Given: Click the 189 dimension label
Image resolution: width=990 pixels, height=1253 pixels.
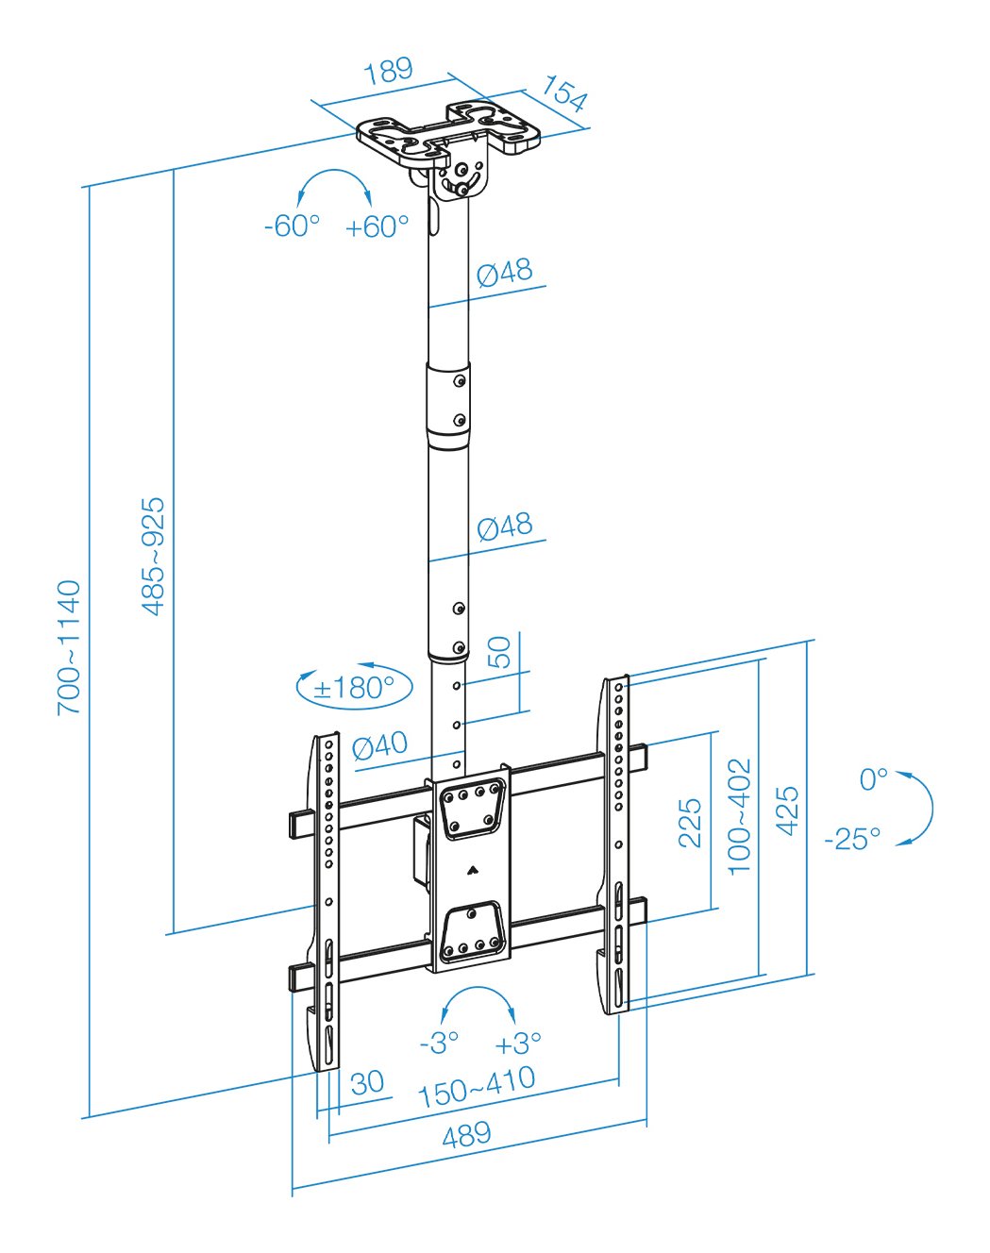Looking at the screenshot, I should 389,71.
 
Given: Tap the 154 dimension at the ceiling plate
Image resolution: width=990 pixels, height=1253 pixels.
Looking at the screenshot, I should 564,94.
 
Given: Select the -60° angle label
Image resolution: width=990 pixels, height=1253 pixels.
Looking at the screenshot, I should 292,226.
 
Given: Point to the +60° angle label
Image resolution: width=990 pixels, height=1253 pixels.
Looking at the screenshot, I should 377,226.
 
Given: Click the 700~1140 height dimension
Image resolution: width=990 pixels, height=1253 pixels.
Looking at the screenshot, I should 70,647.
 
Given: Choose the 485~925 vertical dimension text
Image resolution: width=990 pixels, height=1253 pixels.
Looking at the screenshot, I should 153,557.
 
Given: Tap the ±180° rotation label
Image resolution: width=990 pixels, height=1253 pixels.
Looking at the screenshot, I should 354,687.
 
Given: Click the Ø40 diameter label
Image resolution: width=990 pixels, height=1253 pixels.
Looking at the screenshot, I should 379,746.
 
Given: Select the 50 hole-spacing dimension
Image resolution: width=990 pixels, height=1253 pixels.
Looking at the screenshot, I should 499,652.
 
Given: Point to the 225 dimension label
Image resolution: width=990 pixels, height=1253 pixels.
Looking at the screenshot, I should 691,822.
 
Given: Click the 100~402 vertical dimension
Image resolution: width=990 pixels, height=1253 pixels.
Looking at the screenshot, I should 740,815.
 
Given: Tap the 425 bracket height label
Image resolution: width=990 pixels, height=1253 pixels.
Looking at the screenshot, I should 787,810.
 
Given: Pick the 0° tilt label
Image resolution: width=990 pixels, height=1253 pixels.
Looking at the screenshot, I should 873,779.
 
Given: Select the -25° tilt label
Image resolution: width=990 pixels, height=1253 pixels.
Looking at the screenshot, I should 852,838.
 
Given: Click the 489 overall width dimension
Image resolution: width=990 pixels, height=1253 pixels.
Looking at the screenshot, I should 466,1135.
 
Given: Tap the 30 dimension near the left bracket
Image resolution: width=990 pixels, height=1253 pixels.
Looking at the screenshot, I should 367,1082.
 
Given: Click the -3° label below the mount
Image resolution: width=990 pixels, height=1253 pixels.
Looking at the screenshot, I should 439,1043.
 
